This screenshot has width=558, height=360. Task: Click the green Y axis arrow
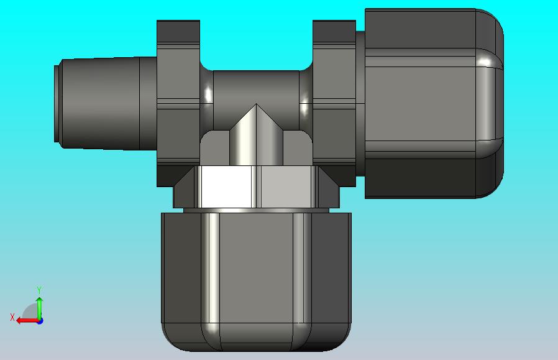tap(40, 308)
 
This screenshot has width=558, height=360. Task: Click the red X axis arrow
tap(28, 321)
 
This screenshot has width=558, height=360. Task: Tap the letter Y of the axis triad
tap(39, 290)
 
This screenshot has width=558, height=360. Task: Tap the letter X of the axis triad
tap(12, 317)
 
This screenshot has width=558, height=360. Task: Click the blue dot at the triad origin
tap(40, 321)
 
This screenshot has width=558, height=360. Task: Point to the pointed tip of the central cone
tap(256, 104)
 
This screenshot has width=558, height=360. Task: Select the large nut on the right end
tap(434, 103)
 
